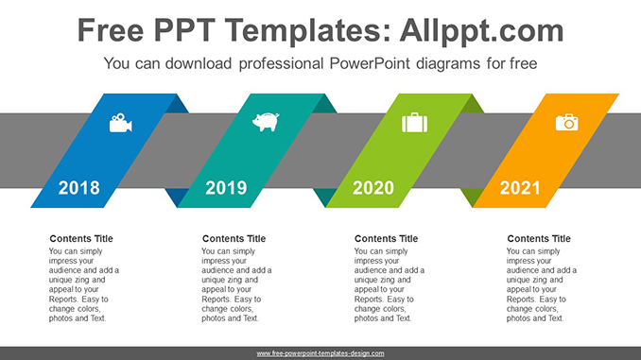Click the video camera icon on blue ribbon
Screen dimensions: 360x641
(x=120, y=123)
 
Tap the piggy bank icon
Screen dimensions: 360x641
(x=266, y=122)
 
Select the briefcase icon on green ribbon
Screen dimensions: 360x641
(x=414, y=123)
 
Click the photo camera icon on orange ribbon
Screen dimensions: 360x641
(x=566, y=122)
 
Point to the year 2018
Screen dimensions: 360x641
(x=78, y=188)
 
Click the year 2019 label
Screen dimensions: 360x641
(x=226, y=188)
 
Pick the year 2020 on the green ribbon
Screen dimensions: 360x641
(x=373, y=188)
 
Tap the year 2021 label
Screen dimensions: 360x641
(x=520, y=188)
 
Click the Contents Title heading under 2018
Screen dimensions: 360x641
(x=81, y=239)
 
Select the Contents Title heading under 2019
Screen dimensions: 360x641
(x=234, y=239)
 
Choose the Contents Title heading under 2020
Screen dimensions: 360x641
(x=387, y=239)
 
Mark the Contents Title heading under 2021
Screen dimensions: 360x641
(x=539, y=239)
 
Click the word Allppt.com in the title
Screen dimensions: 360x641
(x=482, y=31)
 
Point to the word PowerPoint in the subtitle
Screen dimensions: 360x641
(x=369, y=64)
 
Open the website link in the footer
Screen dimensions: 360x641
(x=320, y=353)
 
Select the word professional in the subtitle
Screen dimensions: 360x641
(x=275, y=64)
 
